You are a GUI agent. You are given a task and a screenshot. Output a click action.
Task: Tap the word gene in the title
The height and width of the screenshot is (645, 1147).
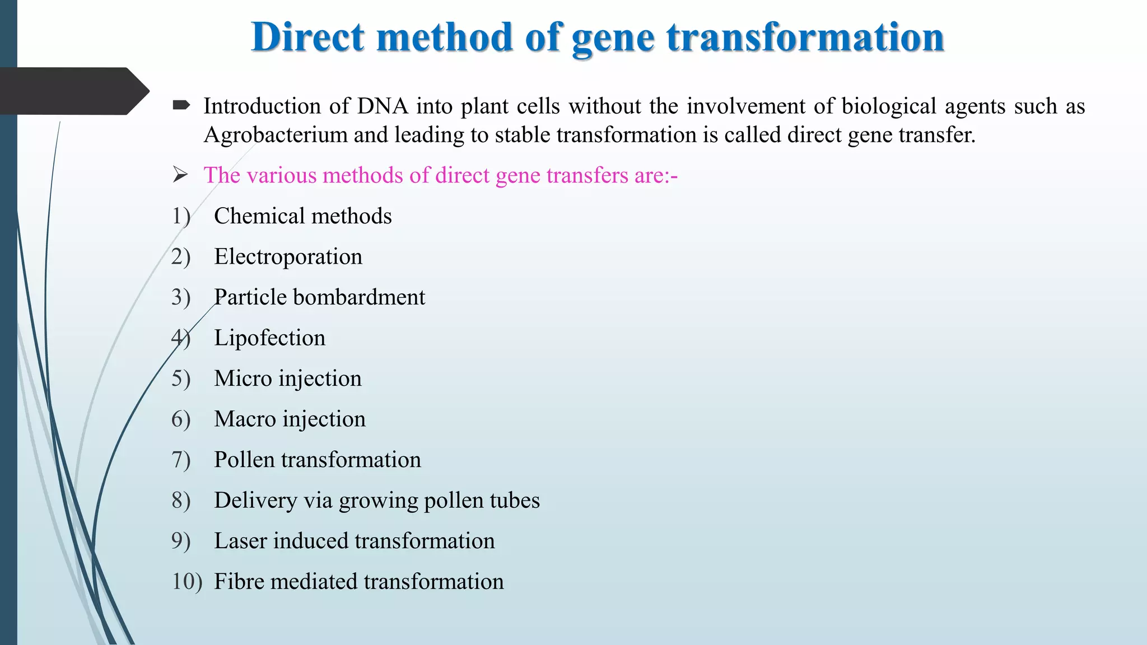(x=613, y=38)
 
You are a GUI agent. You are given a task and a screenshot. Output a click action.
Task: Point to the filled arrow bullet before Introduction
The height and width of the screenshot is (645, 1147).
(x=181, y=105)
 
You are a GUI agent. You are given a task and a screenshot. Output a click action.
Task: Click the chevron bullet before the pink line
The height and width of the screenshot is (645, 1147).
(x=180, y=175)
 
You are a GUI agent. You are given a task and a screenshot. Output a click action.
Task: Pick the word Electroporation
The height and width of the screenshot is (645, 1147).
(x=288, y=257)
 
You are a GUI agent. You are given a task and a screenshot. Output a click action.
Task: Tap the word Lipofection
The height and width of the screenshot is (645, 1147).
(x=269, y=338)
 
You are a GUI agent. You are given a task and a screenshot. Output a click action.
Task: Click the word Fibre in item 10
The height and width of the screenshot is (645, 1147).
(x=240, y=582)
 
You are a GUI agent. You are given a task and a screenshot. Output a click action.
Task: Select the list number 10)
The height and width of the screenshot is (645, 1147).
(x=186, y=582)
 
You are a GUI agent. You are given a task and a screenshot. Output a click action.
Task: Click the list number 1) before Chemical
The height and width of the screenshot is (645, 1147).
(x=181, y=216)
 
